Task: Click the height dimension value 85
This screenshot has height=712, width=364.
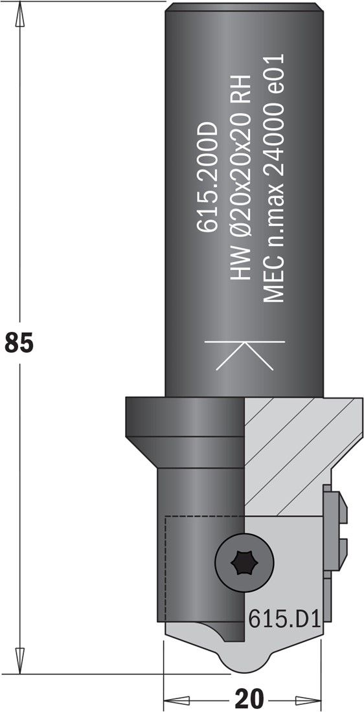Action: click(19, 342)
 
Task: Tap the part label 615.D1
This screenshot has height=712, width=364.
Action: click(284, 619)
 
